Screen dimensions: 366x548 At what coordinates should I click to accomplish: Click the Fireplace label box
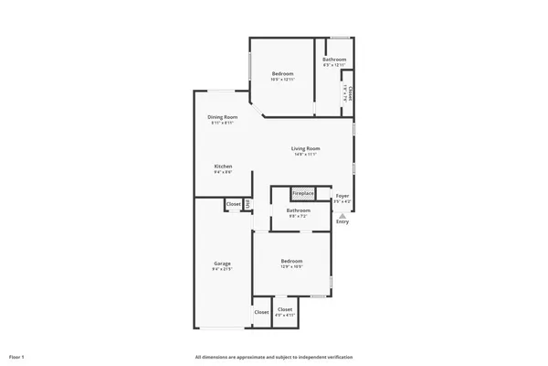coord(302,193)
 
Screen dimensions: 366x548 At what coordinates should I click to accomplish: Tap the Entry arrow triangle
coord(342,215)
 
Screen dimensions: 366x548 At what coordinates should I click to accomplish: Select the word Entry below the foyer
coord(342,221)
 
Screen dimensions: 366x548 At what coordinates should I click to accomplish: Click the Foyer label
coord(342,195)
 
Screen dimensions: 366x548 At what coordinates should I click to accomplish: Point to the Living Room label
coord(305,148)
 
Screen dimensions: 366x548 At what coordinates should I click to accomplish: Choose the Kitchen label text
coord(223,166)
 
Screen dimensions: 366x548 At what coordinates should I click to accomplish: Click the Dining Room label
coord(223,117)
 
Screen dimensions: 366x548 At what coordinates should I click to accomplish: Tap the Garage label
coord(222,264)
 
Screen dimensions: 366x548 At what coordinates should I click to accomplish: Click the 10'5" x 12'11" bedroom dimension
coord(282,80)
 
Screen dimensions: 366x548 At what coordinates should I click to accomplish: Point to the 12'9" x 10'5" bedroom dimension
coord(291,267)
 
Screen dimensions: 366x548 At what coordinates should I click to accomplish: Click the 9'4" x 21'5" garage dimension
coord(222,270)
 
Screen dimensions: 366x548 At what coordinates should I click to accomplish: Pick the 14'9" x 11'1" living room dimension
coord(305,155)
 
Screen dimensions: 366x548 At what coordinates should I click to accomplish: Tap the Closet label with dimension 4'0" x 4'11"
coord(285,310)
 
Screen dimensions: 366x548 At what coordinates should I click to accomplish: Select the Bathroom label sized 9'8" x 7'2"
coord(299,210)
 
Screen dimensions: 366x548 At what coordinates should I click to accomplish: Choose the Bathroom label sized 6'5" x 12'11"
coord(333,59)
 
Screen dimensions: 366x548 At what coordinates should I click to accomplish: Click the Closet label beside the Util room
coord(233,204)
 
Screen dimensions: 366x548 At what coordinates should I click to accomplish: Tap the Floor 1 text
coord(16,356)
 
